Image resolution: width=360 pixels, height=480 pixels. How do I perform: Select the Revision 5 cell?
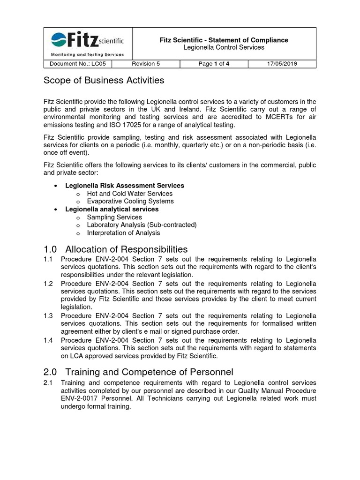tap(146, 64)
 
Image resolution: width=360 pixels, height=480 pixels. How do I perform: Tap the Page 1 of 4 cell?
tap(214, 64)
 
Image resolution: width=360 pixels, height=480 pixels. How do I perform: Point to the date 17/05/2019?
tap(282, 64)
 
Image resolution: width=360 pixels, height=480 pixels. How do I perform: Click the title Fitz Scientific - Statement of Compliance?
tap(224, 40)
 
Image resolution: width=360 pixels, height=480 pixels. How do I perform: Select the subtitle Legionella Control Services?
tap(224, 47)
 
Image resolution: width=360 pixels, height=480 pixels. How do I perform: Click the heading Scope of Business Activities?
tap(104, 80)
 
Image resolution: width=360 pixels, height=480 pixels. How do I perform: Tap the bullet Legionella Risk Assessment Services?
tap(125, 186)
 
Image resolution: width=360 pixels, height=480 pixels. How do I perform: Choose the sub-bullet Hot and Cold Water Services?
tap(130, 194)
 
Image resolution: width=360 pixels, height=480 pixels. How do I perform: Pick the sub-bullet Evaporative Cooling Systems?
tap(130, 201)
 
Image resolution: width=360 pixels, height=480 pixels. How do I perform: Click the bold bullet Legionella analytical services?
tap(112, 209)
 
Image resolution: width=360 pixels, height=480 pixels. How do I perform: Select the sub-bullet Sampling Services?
tap(114, 217)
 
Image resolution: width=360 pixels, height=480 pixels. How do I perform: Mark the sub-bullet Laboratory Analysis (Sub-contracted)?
tap(142, 225)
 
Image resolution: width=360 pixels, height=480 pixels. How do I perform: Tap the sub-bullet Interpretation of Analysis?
tap(123, 232)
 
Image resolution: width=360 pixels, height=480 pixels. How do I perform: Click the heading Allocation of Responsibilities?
tap(127, 249)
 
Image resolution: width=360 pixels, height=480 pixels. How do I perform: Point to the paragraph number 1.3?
tap(48, 315)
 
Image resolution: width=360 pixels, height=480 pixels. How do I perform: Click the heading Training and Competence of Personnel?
tap(149, 372)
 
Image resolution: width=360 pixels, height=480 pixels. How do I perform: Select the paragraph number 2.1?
tap(48, 383)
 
